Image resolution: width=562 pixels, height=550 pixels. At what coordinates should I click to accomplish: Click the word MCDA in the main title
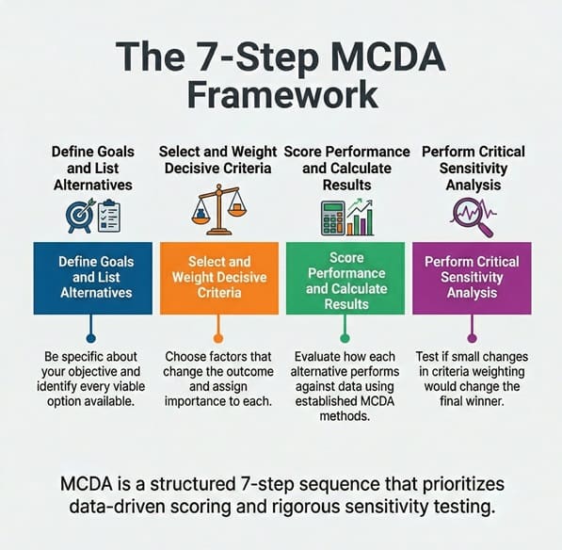tap(390, 57)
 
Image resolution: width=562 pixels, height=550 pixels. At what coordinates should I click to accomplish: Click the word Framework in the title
tap(282, 94)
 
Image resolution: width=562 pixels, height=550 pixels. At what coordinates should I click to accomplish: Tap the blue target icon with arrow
tap(80, 216)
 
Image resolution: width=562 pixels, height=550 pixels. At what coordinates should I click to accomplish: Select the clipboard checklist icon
tap(109, 216)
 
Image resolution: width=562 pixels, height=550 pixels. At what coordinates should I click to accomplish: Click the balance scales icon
tap(219, 210)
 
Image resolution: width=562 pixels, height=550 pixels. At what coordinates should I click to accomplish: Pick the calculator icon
tap(333, 218)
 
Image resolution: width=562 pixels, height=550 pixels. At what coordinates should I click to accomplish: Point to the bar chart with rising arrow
tap(361, 218)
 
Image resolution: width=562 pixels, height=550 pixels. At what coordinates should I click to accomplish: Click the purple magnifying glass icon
tap(474, 218)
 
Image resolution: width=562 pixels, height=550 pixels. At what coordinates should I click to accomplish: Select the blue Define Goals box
tap(93, 278)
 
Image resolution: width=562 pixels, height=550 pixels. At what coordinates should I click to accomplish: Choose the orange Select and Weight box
tap(219, 278)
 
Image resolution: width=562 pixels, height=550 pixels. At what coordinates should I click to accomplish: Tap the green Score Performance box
tap(345, 278)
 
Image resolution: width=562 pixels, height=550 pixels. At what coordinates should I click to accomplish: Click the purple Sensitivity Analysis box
tap(472, 278)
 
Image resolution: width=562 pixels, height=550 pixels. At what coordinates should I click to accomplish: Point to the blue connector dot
tap(91, 338)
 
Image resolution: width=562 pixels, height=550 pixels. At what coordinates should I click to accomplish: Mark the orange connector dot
tap(217, 338)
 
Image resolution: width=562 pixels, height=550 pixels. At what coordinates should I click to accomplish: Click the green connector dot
tap(345, 338)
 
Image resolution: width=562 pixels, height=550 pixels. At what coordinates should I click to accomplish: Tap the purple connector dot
tap(472, 338)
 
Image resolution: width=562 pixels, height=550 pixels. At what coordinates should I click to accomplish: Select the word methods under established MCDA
tap(345, 416)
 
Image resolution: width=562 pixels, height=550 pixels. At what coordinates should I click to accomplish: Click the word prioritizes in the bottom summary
tap(463, 484)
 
